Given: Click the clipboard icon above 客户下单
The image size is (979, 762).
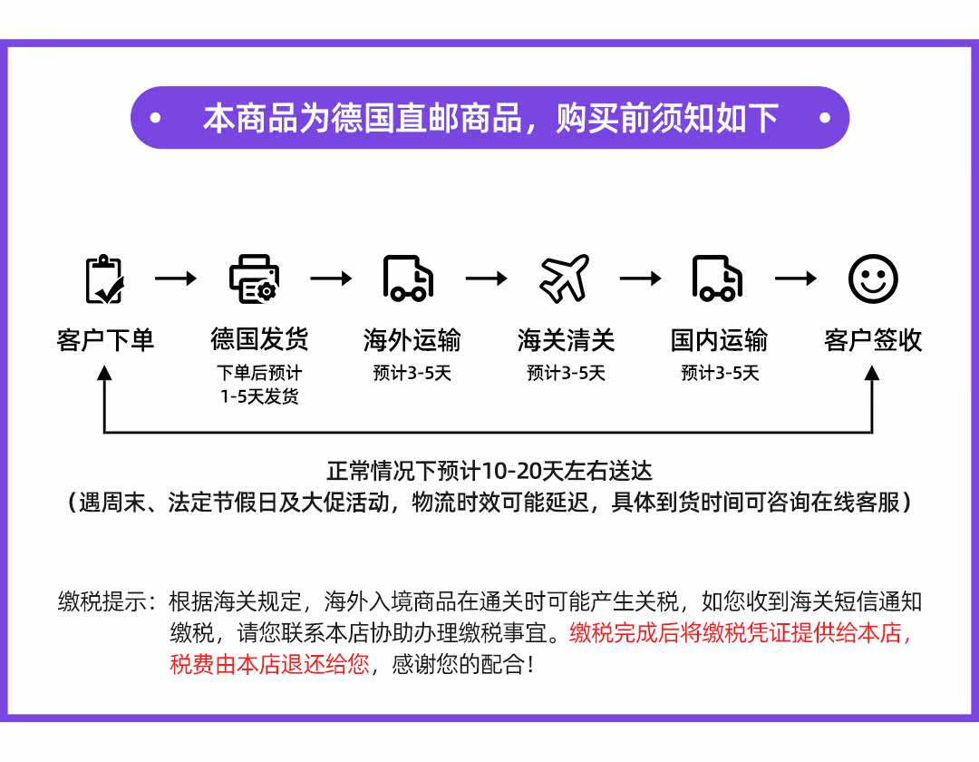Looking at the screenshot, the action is tap(104, 279).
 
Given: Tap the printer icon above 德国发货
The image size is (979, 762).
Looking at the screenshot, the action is tap(254, 279).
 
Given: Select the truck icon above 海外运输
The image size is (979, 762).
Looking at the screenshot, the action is tap(408, 278).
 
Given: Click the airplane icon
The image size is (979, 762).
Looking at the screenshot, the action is tap(564, 278).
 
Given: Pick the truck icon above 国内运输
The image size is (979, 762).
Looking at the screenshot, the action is tap(717, 278).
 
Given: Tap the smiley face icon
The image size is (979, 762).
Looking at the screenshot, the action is tap(872, 278).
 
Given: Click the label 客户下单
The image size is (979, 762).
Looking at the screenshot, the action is tap(105, 340).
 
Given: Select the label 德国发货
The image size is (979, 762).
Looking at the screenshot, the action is tap(259, 340).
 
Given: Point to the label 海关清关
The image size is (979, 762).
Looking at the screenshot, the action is tap(566, 340).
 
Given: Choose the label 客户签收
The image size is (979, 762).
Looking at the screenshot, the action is tap(872, 340).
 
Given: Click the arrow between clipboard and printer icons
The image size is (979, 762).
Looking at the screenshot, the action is tap(176, 278).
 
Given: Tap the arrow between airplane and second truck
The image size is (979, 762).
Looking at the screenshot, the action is tap(641, 278).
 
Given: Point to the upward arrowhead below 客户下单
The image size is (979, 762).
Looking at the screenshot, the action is tap(105, 374).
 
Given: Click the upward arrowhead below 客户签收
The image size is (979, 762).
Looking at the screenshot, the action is tap(872, 374).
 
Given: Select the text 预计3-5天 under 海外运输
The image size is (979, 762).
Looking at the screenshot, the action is tap(412, 373).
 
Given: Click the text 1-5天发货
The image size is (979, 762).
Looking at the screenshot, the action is tap(259, 396).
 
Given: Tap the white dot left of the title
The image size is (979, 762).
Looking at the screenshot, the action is tap(155, 118).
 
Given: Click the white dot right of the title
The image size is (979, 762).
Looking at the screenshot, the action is tap(824, 118).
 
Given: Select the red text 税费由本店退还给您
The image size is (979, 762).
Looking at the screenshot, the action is tap(269, 664).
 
